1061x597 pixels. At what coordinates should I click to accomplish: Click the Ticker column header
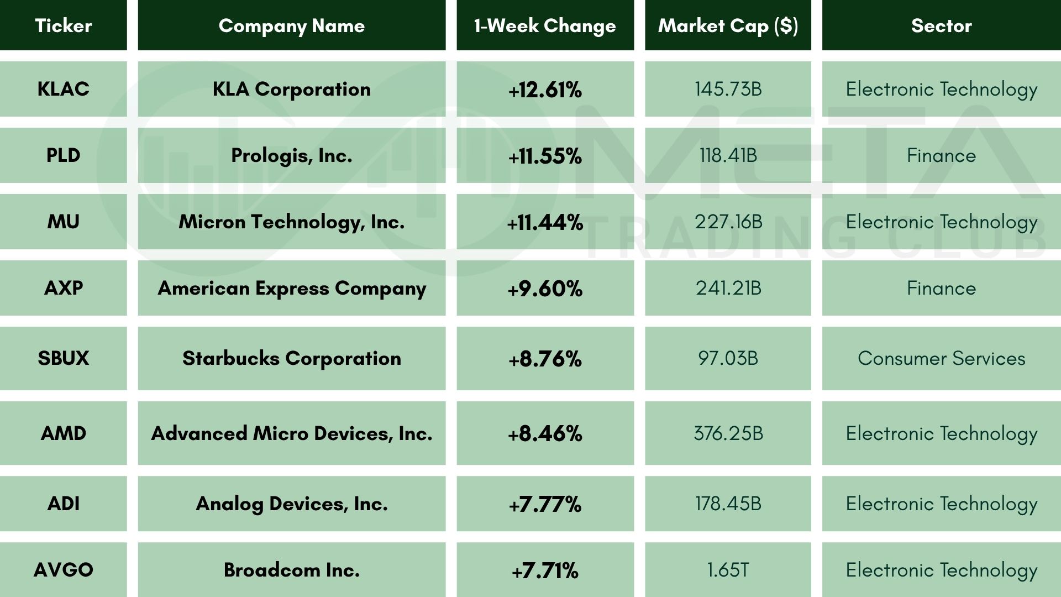[63, 25]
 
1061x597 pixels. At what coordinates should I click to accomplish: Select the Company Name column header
[292, 25]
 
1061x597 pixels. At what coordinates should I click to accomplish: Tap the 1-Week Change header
[545, 25]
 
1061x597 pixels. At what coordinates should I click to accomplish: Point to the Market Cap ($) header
[728, 25]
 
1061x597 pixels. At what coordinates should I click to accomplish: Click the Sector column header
[941, 25]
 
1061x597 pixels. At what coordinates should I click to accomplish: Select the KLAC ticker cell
[63, 89]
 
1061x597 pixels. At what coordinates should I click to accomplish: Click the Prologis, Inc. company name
[292, 155]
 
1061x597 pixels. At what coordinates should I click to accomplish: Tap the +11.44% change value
[545, 222]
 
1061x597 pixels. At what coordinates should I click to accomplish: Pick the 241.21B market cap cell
[728, 288]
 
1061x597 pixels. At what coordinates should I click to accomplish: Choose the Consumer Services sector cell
[941, 358]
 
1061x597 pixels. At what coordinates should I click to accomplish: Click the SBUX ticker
[63, 358]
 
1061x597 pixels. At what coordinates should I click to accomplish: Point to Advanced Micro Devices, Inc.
[292, 433]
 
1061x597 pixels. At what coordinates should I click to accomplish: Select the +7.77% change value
[545, 504]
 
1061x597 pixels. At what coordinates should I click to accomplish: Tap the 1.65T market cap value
[728, 570]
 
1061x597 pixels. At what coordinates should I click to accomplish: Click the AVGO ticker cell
[63, 570]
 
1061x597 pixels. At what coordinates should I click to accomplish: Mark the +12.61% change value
[545, 90]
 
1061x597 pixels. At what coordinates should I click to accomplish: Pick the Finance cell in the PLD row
[941, 155]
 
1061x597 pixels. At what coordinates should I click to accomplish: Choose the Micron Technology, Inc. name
[292, 222]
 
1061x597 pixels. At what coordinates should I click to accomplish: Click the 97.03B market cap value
[728, 358]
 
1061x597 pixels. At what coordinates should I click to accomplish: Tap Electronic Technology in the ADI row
[941, 504]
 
